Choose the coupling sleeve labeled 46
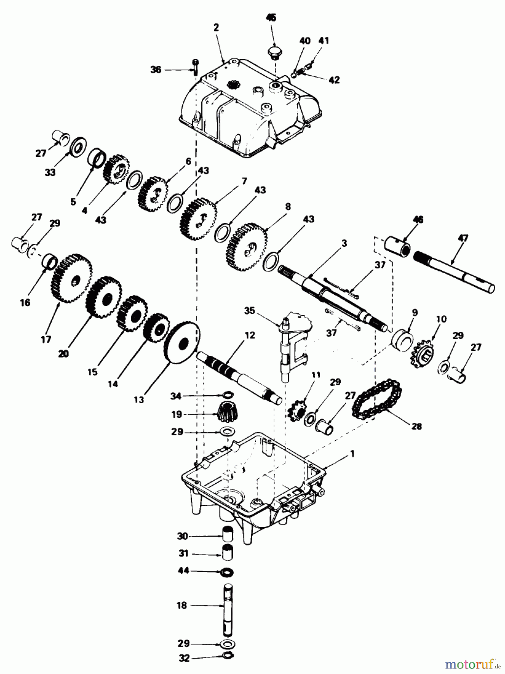pyautogui.click(x=398, y=246)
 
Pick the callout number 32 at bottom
pyautogui.click(x=184, y=658)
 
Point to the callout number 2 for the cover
pyautogui.click(x=216, y=27)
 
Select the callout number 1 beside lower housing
pyautogui.click(x=352, y=454)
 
